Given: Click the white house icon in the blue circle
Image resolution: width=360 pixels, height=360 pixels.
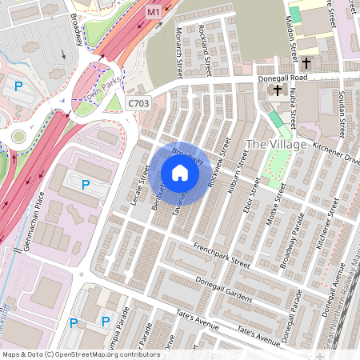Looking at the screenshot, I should click(x=180, y=172).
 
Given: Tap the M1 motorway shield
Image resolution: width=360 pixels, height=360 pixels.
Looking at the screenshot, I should click(x=154, y=14).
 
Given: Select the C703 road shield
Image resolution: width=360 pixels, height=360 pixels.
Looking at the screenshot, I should click(x=137, y=103).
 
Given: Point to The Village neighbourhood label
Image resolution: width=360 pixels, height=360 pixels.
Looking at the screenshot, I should click(x=276, y=144).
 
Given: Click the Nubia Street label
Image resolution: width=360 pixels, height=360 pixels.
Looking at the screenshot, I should click(x=292, y=109).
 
